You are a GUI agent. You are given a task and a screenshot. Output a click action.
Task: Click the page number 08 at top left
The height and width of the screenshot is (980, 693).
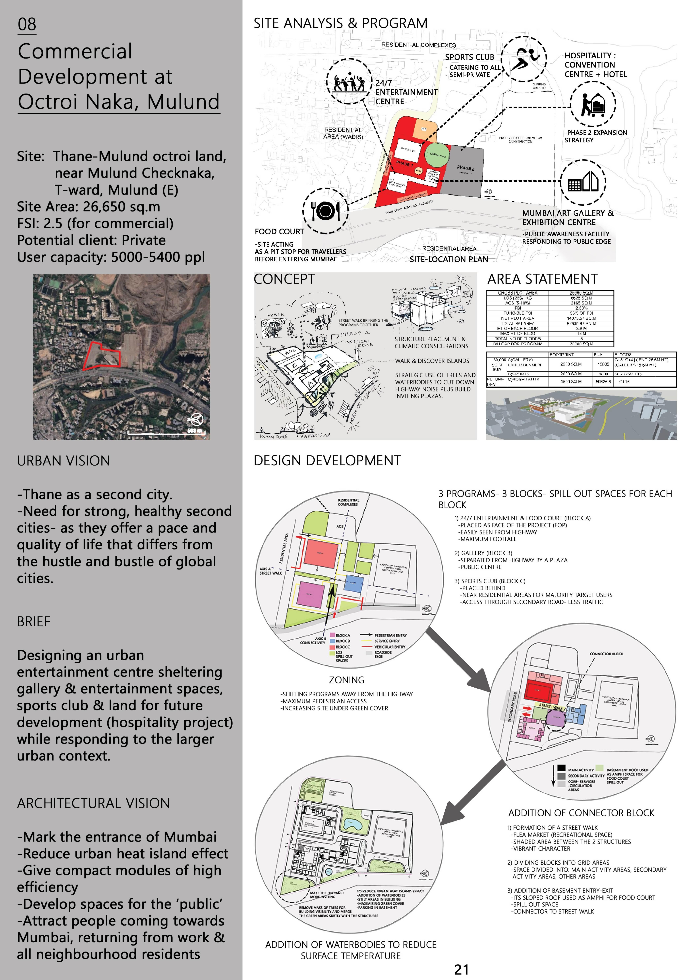(x=27, y=24)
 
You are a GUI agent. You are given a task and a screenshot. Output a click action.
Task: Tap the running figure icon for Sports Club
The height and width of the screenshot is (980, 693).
(x=523, y=59)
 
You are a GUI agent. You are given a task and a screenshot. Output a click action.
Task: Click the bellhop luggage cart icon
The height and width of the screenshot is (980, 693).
(x=593, y=104)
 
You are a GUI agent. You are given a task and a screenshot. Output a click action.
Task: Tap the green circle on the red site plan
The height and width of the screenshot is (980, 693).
(x=436, y=155)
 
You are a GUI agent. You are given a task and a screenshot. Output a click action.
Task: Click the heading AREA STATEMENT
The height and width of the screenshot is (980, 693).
(x=542, y=279)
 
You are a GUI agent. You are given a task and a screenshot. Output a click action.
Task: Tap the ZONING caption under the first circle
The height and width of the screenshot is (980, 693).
(x=346, y=680)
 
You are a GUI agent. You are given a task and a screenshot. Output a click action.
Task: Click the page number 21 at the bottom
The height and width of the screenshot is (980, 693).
(x=461, y=970)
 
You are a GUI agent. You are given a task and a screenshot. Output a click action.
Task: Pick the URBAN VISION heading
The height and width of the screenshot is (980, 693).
(x=63, y=461)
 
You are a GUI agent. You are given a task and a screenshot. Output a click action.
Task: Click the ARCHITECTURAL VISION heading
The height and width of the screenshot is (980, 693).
(x=93, y=803)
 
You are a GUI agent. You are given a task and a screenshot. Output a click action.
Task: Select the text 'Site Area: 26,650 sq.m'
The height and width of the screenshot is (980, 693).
(x=88, y=207)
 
